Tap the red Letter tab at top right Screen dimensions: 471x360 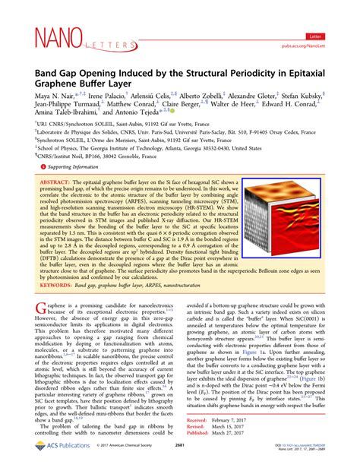[x=315, y=36]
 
